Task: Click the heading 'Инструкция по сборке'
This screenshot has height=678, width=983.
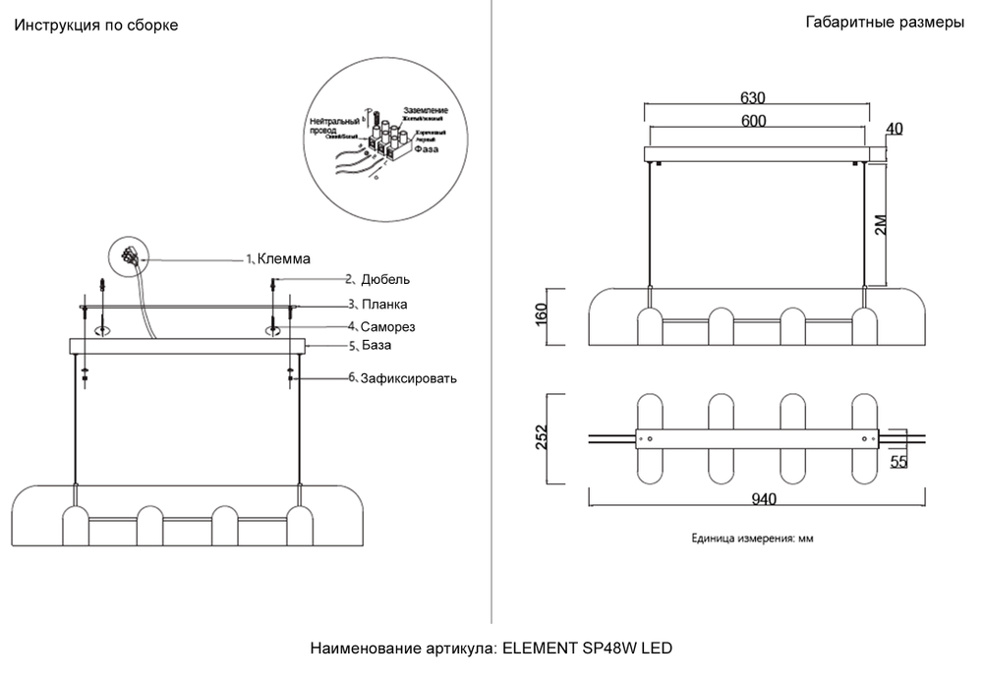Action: [x=95, y=26]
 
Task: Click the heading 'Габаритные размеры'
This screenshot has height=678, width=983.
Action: [x=884, y=24]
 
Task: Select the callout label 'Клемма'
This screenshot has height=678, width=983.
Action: [x=283, y=259]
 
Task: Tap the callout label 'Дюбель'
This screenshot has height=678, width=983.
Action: [x=378, y=280]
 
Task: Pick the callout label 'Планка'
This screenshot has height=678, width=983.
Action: [x=383, y=305]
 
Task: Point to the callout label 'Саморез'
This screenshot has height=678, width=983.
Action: [x=387, y=326]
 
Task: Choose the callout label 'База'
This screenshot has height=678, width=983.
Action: [x=376, y=346]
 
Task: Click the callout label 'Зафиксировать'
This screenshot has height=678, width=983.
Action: [x=408, y=377]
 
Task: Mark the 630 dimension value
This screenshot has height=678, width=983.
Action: [x=752, y=98]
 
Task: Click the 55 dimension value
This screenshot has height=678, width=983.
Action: [x=897, y=462]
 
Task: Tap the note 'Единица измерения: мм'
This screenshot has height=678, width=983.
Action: [x=752, y=538]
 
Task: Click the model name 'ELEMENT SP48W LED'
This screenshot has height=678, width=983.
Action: [x=587, y=649]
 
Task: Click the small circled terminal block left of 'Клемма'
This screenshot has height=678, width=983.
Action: [x=127, y=256]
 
